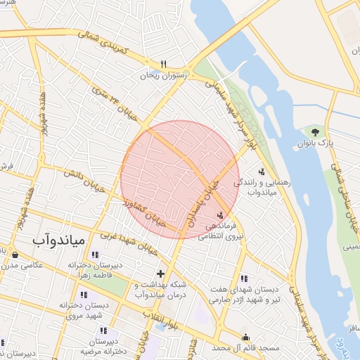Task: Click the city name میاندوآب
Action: point(59,239)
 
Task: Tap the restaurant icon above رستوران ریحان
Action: point(163,64)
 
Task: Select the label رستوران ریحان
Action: point(166,75)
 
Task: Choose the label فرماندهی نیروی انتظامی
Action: point(225,231)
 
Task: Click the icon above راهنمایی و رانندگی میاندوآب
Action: point(262,171)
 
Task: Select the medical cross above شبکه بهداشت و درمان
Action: point(161,273)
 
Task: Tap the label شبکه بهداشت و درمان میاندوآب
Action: point(158,289)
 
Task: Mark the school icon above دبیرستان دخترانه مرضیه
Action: point(103,330)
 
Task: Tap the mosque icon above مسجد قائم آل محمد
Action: point(245,337)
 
